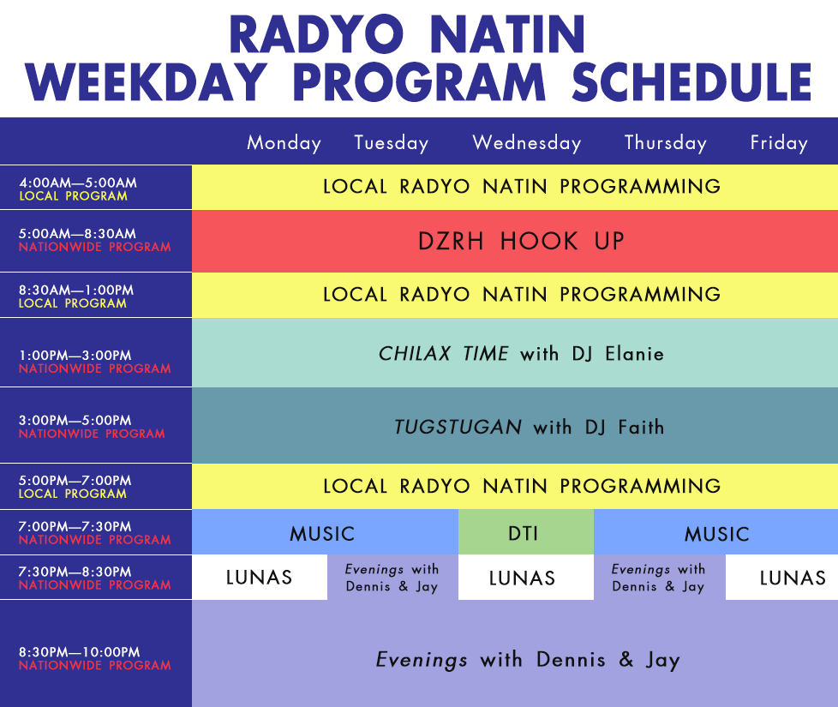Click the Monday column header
pyautogui.click(x=284, y=142)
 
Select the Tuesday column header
pyautogui.click(x=392, y=142)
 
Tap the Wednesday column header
pyautogui.click(x=527, y=142)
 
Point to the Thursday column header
pyautogui.click(x=666, y=142)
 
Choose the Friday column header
pyautogui.click(x=779, y=142)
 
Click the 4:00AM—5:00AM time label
pyautogui.click(x=78, y=183)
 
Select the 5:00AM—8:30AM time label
pyautogui.click(x=77, y=234)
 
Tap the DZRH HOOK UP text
pyautogui.click(x=521, y=241)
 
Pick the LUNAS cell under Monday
pyautogui.click(x=260, y=577)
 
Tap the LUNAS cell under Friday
pyautogui.click(x=782, y=577)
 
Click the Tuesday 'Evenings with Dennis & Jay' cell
pyautogui.click(x=392, y=577)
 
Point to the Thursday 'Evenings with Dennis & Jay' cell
pyautogui.click(x=660, y=577)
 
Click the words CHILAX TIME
pyautogui.click(x=444, y=353)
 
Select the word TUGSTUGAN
pyautogui.click(x=458, y=427)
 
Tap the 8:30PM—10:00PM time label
pyautogui.click(x=80, y=652)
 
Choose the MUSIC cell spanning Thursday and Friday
pyautogui.click(x=715, y=531)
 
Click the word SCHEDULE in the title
pyautogui.click(x=692, y=81)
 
